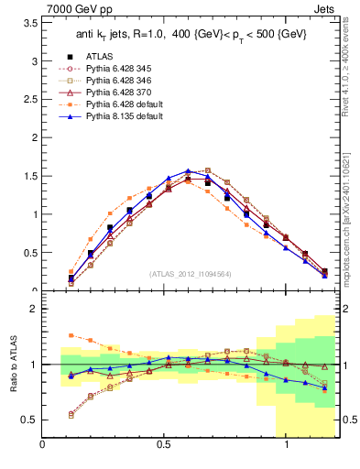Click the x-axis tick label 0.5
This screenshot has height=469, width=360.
tap(164, 446)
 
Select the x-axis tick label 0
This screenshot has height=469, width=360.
tap(43, 446)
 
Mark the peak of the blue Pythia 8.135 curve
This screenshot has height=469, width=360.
tap(188, 170)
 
